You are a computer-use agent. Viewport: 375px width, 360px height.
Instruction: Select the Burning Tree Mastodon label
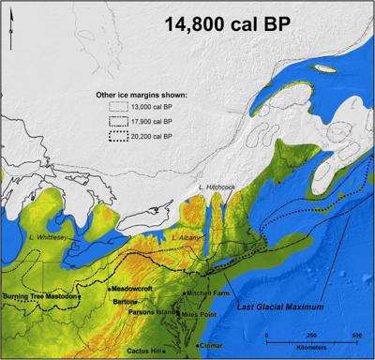pos(40,296)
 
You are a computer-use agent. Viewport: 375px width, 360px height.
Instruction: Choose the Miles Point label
pos(202,314)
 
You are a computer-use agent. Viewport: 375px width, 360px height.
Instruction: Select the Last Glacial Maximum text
pos(280,307)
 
